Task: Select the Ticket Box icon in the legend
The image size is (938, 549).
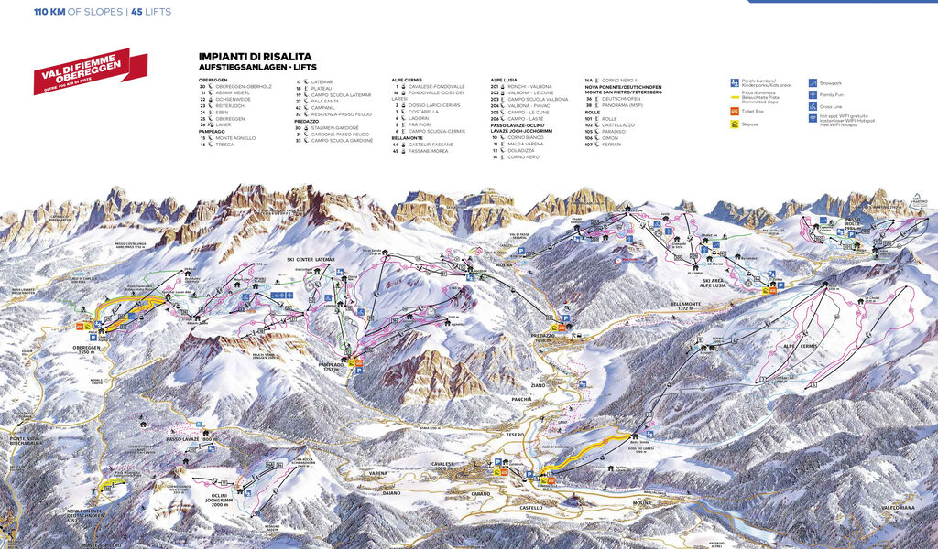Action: pos(735,112)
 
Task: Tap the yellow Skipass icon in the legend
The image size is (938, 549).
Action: pos(735,124)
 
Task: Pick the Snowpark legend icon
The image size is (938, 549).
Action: pos(813,81)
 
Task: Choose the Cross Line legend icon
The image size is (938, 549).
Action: pos(813,106)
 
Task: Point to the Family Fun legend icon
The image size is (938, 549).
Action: pos(813,93)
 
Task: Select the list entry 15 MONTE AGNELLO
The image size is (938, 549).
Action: pos(229,137)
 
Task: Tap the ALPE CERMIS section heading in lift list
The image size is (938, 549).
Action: pos(409,80)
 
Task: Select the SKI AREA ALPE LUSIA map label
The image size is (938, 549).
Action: pos(714,284)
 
